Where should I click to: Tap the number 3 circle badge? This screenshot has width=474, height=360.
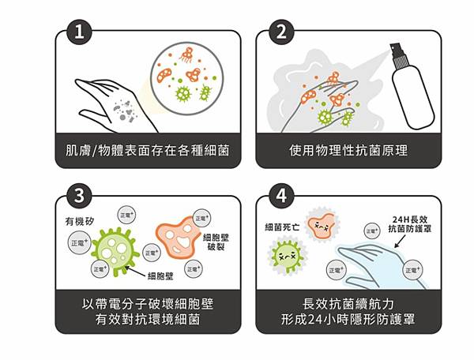(x=78, y=194)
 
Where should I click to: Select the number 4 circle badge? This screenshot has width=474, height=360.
(x=279, y=194)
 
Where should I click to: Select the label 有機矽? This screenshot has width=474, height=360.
(x=81, y=223)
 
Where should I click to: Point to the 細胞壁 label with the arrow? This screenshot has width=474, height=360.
(x=163, y=276)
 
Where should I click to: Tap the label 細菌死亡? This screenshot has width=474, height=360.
(x=281, y=227)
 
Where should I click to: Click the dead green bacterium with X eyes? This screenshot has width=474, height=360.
(x=287, y=257)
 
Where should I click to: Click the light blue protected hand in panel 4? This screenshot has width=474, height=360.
(x=378, y=261)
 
